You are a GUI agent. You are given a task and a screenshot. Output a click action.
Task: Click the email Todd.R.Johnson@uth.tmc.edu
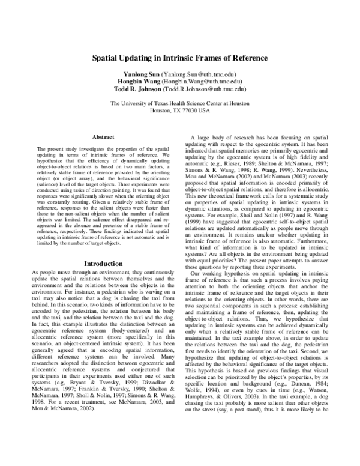[x=211, y=88]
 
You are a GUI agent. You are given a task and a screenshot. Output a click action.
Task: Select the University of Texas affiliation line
[x=180, y=103]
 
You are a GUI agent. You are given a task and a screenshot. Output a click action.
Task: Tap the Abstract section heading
[x=104, y=137]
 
